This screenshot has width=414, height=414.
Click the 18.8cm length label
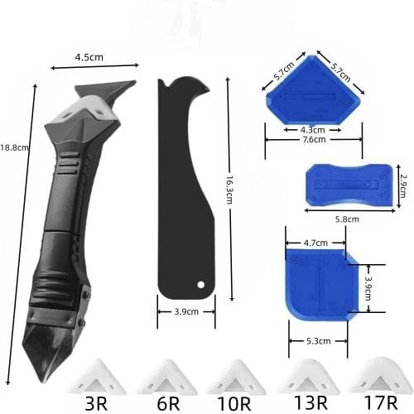pyautogui.click(x=14, y=147)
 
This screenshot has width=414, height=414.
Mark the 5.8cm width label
pyautogui.click(x=335, y=219)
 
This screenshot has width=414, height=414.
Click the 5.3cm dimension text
pyautogui.click(x=320, y=340)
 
